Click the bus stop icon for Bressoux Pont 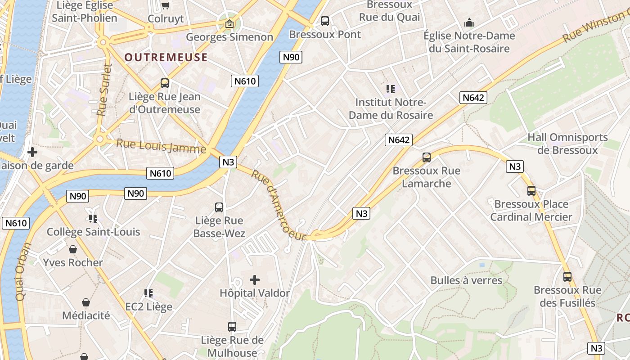point(324,21)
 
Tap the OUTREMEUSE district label point(166,57)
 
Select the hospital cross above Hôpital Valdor point(255,280)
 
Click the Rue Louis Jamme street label point(161,146)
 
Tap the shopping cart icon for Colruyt point(166,5)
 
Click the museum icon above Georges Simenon point(229,24)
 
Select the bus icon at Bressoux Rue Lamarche point(426,157)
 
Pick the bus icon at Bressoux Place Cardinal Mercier point(531,191)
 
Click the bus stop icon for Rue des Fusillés point(567,277)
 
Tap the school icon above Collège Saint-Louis point(93,219)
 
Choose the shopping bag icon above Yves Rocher point(73,249)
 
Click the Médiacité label point(86,315)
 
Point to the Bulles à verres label point(466,280)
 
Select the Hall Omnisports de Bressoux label point(567,144)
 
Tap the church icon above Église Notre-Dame point(469,22)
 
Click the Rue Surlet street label point(104,90)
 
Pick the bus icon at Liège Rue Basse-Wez point(219,207)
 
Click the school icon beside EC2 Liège point(148,293)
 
